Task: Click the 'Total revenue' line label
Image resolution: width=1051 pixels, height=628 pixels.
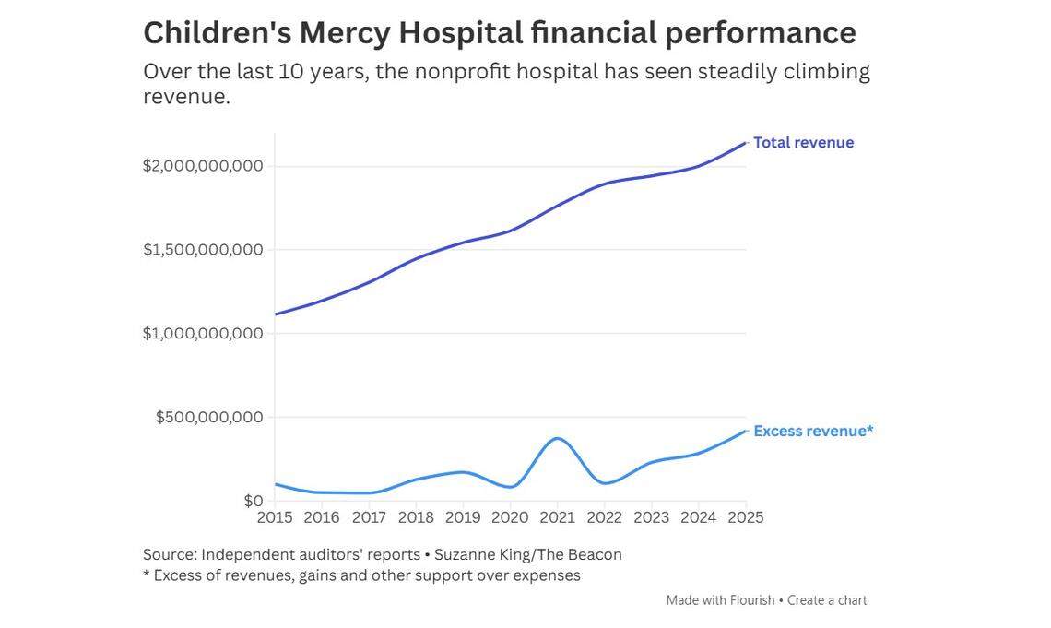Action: click(803, 143)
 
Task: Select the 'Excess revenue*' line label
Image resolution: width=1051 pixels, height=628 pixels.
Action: click(812, 431)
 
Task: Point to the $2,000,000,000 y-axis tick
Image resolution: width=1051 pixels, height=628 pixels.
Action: click(203, 166)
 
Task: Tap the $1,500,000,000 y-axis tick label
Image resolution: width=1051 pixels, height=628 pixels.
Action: click(203, 250)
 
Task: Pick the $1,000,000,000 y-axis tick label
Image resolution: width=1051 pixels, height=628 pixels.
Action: click(203, 333)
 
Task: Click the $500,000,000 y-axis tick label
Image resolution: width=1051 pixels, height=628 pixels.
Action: click(209, 417)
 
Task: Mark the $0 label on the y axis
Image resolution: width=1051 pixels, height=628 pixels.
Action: click(253, 501)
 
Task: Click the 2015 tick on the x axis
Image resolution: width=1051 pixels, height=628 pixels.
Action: click(275, 517)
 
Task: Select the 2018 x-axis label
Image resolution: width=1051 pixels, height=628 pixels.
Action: click(416, 517)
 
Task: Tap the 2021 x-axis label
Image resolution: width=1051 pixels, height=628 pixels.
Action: click(557, 517)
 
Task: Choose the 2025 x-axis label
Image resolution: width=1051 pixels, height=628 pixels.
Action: click(745, 517)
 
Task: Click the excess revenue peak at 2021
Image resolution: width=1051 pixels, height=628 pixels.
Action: click(557, 438)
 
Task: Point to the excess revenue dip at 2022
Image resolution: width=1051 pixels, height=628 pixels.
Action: click(604, 483)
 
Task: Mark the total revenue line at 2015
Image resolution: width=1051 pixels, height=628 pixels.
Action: click(276, 314)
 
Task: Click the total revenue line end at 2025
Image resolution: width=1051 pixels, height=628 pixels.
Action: click(745, 143)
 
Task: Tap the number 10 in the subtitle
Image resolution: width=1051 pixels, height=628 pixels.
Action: click(291, 72)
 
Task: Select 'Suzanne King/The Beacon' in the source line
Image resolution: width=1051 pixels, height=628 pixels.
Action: click(528, 554)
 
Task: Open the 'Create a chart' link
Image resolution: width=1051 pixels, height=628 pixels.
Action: click(827, 600)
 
